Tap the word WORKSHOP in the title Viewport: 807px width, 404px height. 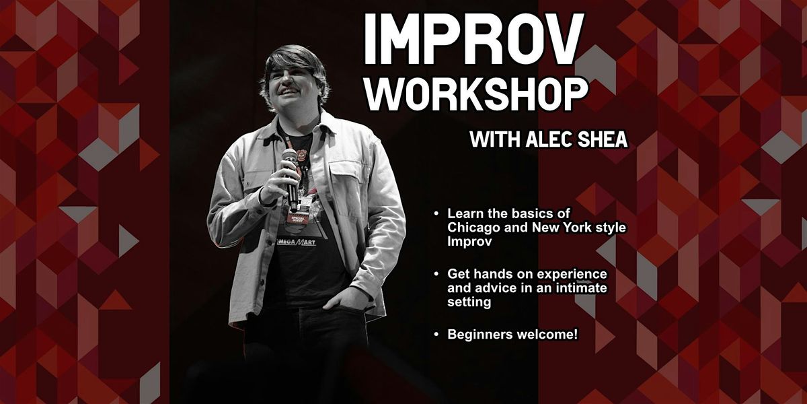click(x=477, y=94)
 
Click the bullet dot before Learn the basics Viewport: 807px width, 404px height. click(x=436, y=213)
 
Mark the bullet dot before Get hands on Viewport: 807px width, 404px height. click(x=436, y=274)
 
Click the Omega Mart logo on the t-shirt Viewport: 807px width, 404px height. click(x=295, y=242)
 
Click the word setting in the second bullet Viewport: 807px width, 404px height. click(x=469, y=302)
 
